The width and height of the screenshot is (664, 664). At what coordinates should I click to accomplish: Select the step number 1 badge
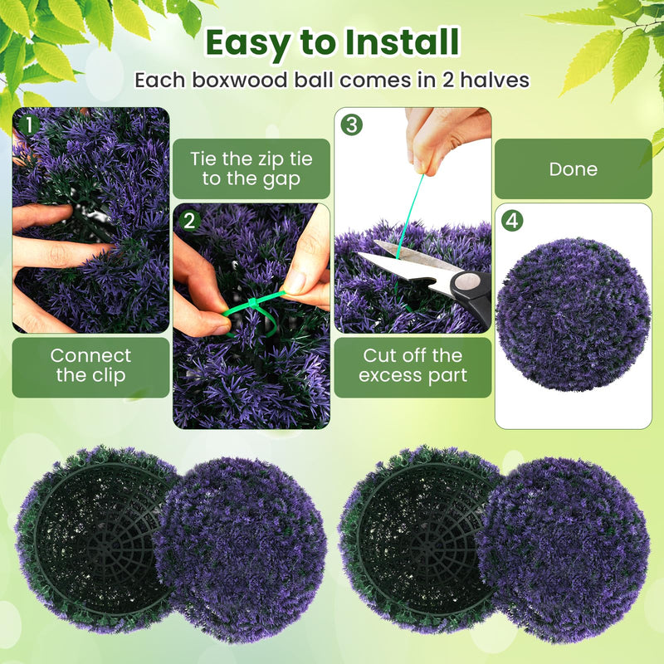pos(28,125)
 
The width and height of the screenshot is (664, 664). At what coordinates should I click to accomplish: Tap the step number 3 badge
pos(352,125)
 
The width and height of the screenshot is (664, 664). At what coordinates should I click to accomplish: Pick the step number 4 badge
pos(513,221)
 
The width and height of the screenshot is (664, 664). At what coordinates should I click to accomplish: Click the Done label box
pos(573,169)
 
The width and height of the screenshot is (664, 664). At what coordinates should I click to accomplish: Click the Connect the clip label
pos(91,365)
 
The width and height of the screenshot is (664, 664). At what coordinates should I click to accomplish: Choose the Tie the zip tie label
pos(251,168)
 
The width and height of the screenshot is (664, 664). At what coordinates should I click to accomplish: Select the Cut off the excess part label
pos(413,365)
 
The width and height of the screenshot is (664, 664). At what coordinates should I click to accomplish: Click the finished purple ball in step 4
pos(573,315)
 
